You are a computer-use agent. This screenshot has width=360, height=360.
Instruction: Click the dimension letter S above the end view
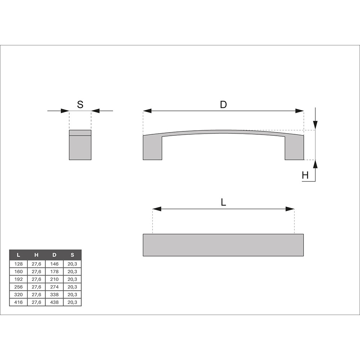[x=80, y=104]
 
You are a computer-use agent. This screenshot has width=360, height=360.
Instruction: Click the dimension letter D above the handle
[x=224, y=104]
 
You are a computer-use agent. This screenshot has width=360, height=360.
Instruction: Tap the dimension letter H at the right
[x=305, y=175]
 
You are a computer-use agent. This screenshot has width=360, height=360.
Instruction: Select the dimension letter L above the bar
[x=224, y=202]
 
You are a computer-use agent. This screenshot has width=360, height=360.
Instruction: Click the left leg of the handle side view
[x=152, y=148]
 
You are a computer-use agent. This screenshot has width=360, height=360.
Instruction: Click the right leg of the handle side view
[x=294, y=148]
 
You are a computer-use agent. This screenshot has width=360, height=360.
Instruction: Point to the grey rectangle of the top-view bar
[x=223, y=245]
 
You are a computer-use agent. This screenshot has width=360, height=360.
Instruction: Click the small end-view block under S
[x=80, y=145]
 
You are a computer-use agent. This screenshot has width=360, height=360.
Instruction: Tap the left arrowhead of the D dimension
[x=147, y=111]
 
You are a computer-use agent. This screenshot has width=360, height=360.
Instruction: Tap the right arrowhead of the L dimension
[x=290, y=209]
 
